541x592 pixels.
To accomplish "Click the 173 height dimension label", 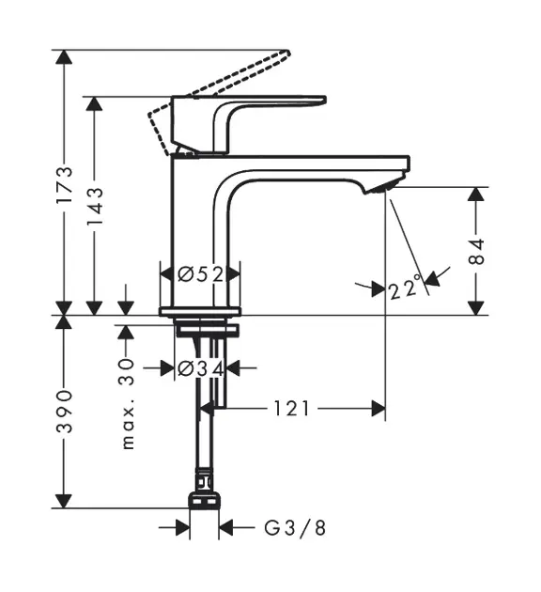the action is [x=64, y=185].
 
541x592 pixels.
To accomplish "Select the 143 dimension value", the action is [x=95, y=206].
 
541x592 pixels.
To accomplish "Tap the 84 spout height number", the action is [x=476, y=252].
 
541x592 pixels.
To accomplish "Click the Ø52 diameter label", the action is [x=201, y=274].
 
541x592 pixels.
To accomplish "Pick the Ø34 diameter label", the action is [x=201, y=368].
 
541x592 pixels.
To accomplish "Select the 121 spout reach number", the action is [x=291, y=409].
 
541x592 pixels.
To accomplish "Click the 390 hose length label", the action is [x=64, y=412].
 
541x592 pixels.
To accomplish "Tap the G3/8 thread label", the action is [x=295, y=528].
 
